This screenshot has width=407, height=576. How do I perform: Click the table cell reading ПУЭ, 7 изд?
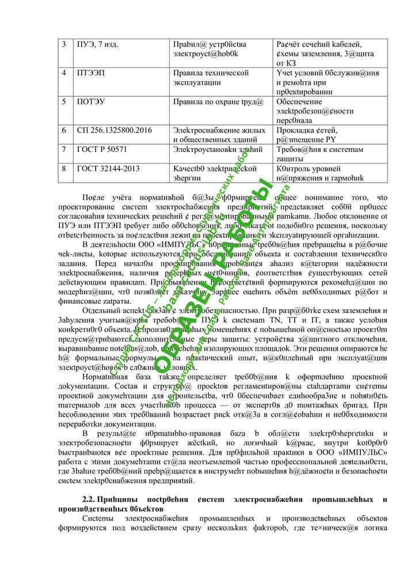[98, 44]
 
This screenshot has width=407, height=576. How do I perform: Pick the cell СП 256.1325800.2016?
[115, 130]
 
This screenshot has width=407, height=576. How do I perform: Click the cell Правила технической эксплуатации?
[211, 78]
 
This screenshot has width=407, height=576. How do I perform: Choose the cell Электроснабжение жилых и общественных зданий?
[219, 135]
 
